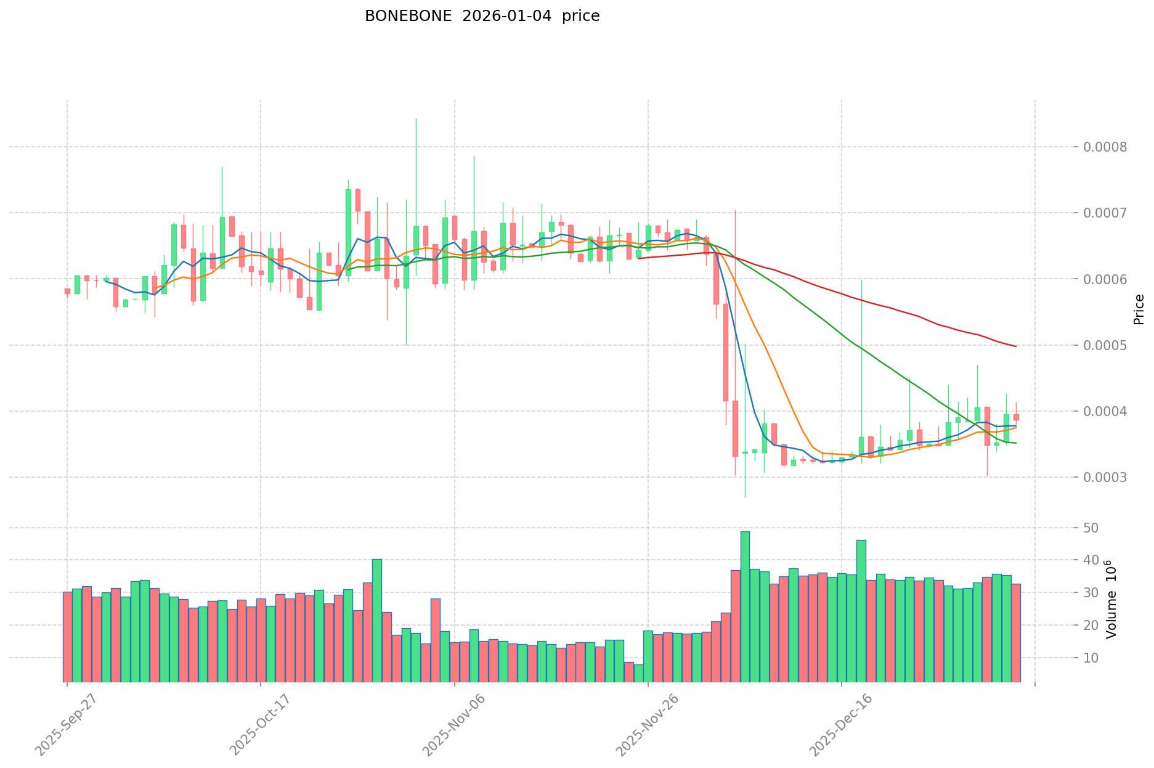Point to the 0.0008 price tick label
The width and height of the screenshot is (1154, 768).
pos(1108,147)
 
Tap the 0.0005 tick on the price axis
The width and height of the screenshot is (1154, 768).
pos(1108,345)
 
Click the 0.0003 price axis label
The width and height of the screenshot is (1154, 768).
pos(1108,477)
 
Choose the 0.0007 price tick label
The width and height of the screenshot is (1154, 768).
pos(1108,213)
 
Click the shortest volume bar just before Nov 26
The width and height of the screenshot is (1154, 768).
pos(638,673)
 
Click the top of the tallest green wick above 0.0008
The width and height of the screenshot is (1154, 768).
pos(416,119)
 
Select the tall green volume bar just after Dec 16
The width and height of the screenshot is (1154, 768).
pos(861,610)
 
